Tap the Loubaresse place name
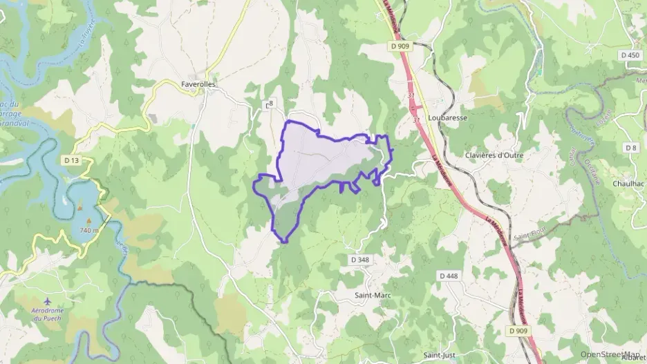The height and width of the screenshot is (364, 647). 448,118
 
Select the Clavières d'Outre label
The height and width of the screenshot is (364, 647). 494,155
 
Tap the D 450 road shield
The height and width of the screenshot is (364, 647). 630,55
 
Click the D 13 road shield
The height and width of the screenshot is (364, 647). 71,160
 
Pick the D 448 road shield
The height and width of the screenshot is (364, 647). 449,276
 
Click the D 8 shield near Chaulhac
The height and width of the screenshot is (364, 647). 630,148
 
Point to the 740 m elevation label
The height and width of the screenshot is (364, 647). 89,229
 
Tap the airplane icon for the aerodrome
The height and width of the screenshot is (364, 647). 47,302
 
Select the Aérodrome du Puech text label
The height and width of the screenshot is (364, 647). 47,314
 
